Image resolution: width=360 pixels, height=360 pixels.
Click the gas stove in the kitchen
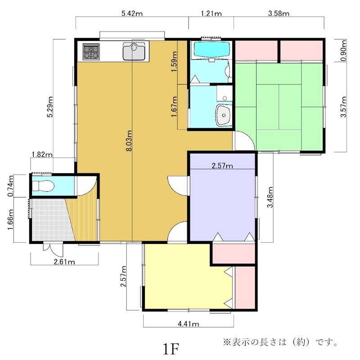(91, 52)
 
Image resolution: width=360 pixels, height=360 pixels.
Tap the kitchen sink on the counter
(134, 51)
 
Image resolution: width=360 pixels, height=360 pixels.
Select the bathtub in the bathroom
(211, 49)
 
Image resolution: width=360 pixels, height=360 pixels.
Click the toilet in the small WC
(43, 186)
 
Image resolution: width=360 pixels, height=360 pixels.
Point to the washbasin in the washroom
(223, 115)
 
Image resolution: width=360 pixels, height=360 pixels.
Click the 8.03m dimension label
(129, 141)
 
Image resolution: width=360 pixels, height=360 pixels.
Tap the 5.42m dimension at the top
(132, 13)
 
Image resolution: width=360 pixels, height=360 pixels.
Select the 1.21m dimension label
(211, 13)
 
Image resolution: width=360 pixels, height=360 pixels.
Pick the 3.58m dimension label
(279, 13)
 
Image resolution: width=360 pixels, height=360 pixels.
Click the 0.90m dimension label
(343, 50)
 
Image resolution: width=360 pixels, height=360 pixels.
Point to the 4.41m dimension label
(189, 324)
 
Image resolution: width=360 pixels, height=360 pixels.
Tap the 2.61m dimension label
(64, 262)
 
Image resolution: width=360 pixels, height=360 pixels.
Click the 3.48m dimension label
(270, 197)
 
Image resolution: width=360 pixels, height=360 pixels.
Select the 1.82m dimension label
(42, 154)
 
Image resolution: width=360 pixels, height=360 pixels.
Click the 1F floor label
(171, 349)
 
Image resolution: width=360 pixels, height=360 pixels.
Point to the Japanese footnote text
(280, 342)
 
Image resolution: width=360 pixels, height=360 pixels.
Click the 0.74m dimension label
(10, 186)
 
